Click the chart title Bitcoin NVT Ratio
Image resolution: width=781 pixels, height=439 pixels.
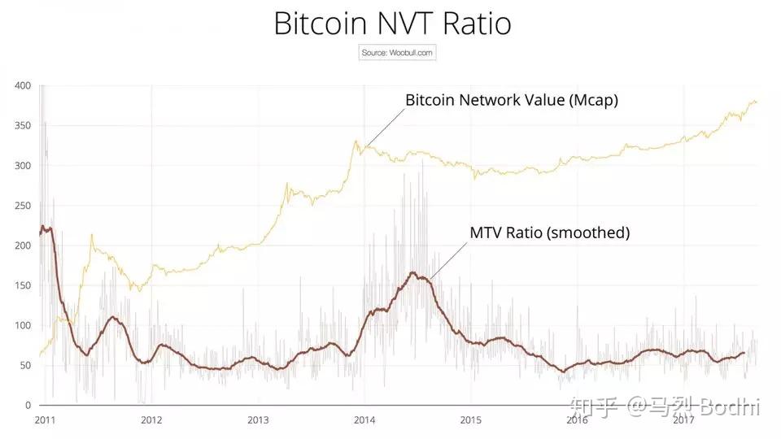pyautogui.click(x=392, y=24)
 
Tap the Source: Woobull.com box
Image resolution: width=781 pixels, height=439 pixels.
pyautogui.click(x=398, y=53)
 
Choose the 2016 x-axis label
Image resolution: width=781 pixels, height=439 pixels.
pyautogui.click(x=577, y=420)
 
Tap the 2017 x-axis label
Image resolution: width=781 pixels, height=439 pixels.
pyautogui.click(x=683, y=420)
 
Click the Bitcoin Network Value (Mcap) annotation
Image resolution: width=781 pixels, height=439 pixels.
pyautogui.click(x=512, y=100)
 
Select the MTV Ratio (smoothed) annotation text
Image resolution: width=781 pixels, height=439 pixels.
pyautogui.click(x=549, y=233)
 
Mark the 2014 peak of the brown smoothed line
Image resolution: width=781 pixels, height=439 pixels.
pyautogui.click(x=413, y=273)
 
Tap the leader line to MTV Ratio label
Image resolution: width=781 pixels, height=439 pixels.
pyautogui.click(x=448, y=258)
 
